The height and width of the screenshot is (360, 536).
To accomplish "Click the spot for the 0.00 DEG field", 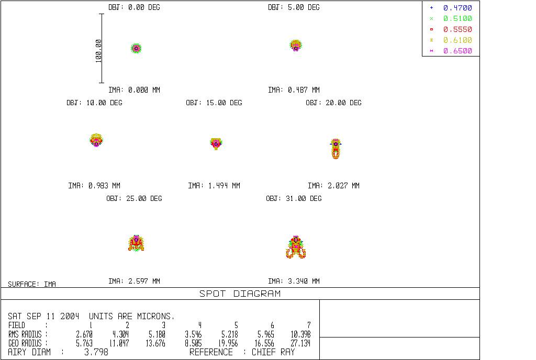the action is point(136,48).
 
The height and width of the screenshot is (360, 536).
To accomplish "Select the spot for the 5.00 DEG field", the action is point(296,46).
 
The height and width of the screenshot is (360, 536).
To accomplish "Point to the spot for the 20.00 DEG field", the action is point(336,149).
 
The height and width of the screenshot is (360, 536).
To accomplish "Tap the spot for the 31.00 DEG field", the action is point(296,247).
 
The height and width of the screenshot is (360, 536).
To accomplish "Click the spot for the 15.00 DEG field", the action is point(216,144).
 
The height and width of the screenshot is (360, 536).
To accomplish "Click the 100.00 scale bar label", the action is point(99,51).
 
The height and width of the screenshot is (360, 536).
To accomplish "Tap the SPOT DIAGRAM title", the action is point(240,294).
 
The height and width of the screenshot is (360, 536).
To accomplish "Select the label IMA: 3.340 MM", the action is point(294,281).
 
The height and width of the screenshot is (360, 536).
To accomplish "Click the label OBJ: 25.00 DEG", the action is point(134,198).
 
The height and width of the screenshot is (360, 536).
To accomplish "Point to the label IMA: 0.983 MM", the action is point(94,185).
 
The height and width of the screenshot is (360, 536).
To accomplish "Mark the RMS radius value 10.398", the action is point(300,334).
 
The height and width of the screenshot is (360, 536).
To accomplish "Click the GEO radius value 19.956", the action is point(228,343).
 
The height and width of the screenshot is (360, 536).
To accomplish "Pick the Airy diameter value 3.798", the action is point(96,352).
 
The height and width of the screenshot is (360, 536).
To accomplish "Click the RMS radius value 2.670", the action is point(84,334).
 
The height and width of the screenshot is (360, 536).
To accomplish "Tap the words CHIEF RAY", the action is point(273,352).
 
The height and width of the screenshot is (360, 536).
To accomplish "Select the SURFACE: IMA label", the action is point(32,284).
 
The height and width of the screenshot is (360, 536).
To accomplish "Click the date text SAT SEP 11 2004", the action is point(43,316).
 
